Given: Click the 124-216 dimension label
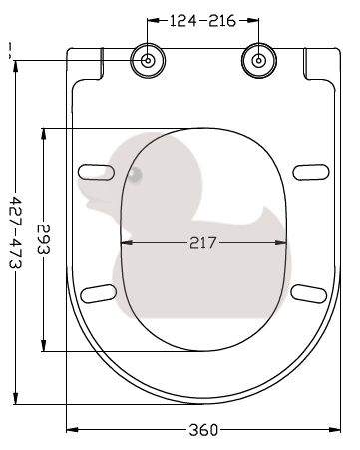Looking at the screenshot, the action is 202,21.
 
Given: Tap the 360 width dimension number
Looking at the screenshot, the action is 203,430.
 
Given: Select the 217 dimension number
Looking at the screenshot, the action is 203,243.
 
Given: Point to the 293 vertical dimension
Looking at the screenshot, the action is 43,239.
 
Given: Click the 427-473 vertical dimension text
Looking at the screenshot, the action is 15,231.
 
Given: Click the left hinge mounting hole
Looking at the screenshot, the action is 148,61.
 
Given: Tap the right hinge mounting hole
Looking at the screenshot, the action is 259,61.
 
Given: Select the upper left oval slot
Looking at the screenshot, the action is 97,172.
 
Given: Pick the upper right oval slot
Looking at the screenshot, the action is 311,172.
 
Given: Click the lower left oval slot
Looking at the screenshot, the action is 99,293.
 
